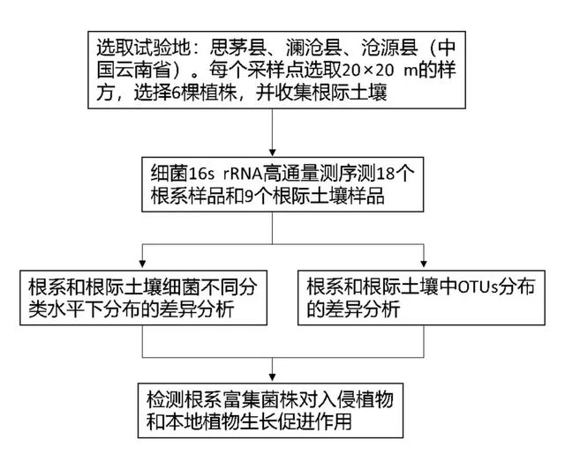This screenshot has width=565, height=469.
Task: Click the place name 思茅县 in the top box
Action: pos(238,47)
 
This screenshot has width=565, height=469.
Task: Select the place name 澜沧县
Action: pos(314,47)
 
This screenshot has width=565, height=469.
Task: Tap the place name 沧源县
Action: pos(390,47)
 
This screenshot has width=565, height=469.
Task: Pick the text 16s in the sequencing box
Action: pos(201,174)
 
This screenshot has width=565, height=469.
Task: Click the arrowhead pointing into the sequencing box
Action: pos(273,153)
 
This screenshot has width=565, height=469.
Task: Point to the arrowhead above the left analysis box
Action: pos(142,264)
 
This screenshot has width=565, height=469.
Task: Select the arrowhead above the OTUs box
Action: pos(424,264)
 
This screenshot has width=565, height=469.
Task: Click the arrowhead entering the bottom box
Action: pos(273,376)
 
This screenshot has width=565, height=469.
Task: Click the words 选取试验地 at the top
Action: pos(143,47)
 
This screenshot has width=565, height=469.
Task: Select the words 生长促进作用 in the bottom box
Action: pos(297,421)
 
